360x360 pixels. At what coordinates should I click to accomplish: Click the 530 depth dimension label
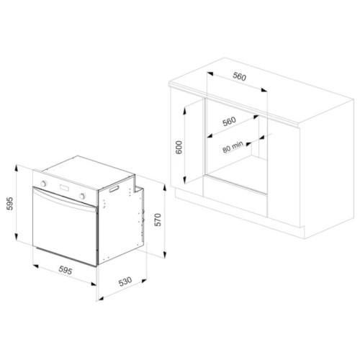point(125,282)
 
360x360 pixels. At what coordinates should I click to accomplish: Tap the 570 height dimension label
point(158,220)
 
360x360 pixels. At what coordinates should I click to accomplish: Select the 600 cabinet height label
point(179,148)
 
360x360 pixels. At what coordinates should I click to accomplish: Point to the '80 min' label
point(233,147)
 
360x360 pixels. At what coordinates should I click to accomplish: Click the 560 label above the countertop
point(240,76)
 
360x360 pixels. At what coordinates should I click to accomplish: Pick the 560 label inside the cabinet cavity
point(229,122)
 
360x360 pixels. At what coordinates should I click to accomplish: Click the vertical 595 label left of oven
point(9,204)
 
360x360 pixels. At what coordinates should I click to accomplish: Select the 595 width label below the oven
point(66,271)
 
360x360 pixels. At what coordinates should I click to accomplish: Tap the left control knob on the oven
point(43,184)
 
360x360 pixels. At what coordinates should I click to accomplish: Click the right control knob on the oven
point(82,196)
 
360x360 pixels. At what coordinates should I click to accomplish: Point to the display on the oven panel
point(64,188)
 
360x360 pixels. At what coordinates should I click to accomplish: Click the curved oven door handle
point(65,200)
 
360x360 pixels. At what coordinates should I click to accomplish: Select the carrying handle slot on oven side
point(114,189)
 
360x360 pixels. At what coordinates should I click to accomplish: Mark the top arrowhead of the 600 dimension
point(184,111)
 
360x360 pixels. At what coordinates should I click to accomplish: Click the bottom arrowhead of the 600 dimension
point(184,180)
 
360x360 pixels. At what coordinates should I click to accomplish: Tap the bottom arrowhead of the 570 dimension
point(164,254)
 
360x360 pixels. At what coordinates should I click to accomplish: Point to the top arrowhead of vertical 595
point(16,168)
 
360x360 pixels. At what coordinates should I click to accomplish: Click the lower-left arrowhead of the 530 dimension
point(99,299)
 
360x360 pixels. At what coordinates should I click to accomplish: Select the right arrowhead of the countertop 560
point(264,90)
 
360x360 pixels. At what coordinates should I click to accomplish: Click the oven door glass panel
point(65,232)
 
